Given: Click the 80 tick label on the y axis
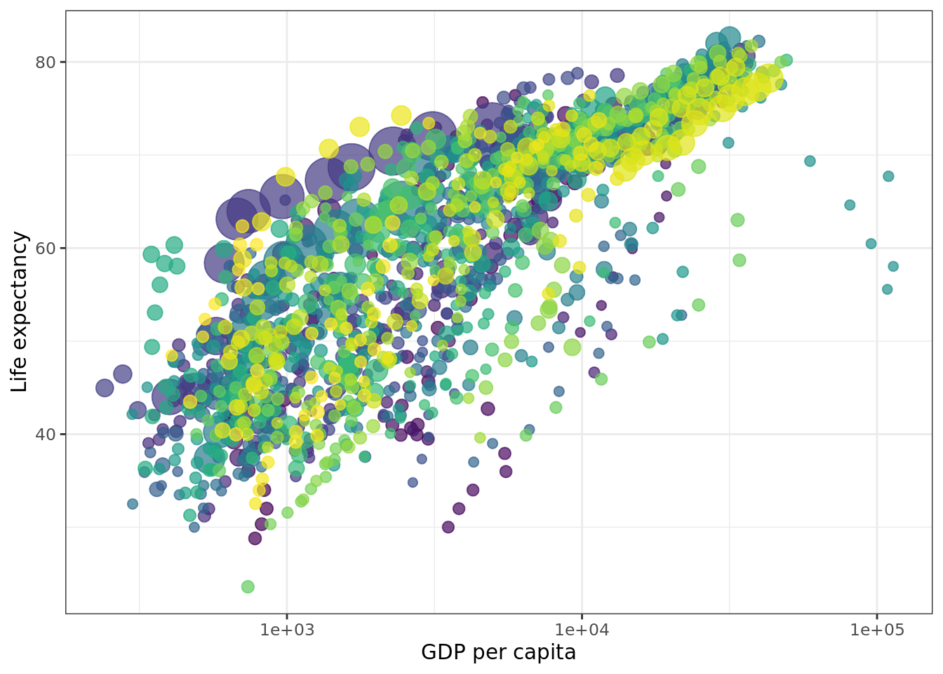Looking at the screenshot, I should pyautogui.click(x=45, y=62).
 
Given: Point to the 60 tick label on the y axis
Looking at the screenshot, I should pyautogui.click(x=45, y=249).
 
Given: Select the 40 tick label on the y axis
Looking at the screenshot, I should pyautogui.click(x=45, y=435).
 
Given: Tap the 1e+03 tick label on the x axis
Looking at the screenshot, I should pyautogui.click(x=286, y=630).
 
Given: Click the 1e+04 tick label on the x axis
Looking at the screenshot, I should pyautogui.click(x=582, y=630).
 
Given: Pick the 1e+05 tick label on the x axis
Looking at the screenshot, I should pyautogui.click(x=877, y=630).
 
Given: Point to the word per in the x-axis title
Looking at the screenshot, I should pyautogui.click(x=486, y=653).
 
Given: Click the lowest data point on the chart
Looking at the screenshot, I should pyautogui.click(x=248, y=586).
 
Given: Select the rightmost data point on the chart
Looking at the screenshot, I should pyautogui.click(x=893, y=266).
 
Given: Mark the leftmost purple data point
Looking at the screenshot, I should pyautogui.click(x=105, y=388).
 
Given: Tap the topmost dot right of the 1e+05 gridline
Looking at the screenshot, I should pyautogui.click(x=888, y=176).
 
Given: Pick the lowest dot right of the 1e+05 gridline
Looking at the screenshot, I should pyautogui.click(x=888, y=289).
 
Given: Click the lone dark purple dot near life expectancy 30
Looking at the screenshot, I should pyautogui.click(x=448, y=527).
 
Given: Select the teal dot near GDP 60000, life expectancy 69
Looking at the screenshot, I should pyautogui.click(x=810, y=161).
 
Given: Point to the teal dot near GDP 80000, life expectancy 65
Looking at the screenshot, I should pyautogui.click(x=850, y=205).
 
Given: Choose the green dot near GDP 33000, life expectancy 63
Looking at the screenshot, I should pyautogui.click(x=737, y=220).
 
